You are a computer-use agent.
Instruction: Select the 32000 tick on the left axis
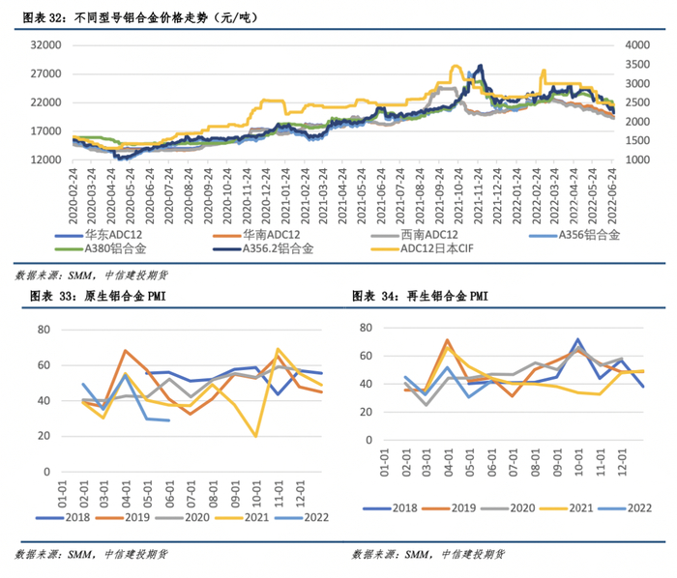tap(45, 45)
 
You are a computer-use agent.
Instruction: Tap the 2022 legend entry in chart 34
tap(639, 506)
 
